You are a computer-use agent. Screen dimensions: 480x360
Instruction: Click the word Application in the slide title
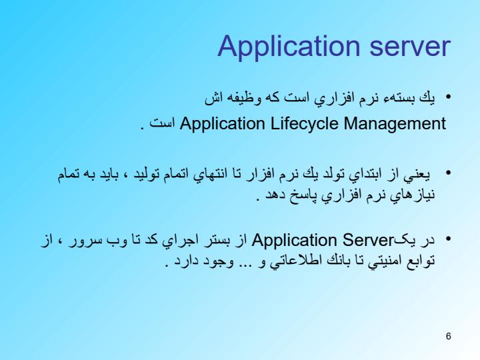(289, 47)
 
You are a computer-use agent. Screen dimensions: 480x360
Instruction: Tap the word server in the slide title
(410, 47)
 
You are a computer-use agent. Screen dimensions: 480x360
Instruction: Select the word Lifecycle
(304, 124)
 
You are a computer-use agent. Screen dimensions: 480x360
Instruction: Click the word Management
(395, 124)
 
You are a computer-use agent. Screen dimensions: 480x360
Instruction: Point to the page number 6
(449, 336)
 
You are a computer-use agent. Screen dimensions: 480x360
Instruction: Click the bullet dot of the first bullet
(449, 97)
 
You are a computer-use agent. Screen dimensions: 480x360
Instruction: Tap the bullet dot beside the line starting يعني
(449, 173)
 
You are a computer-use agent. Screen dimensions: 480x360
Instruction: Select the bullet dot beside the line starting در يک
(449, 239)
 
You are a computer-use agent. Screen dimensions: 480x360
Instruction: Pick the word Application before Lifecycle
(222, 124)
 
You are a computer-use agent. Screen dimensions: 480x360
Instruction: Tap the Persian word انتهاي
(211, 175)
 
